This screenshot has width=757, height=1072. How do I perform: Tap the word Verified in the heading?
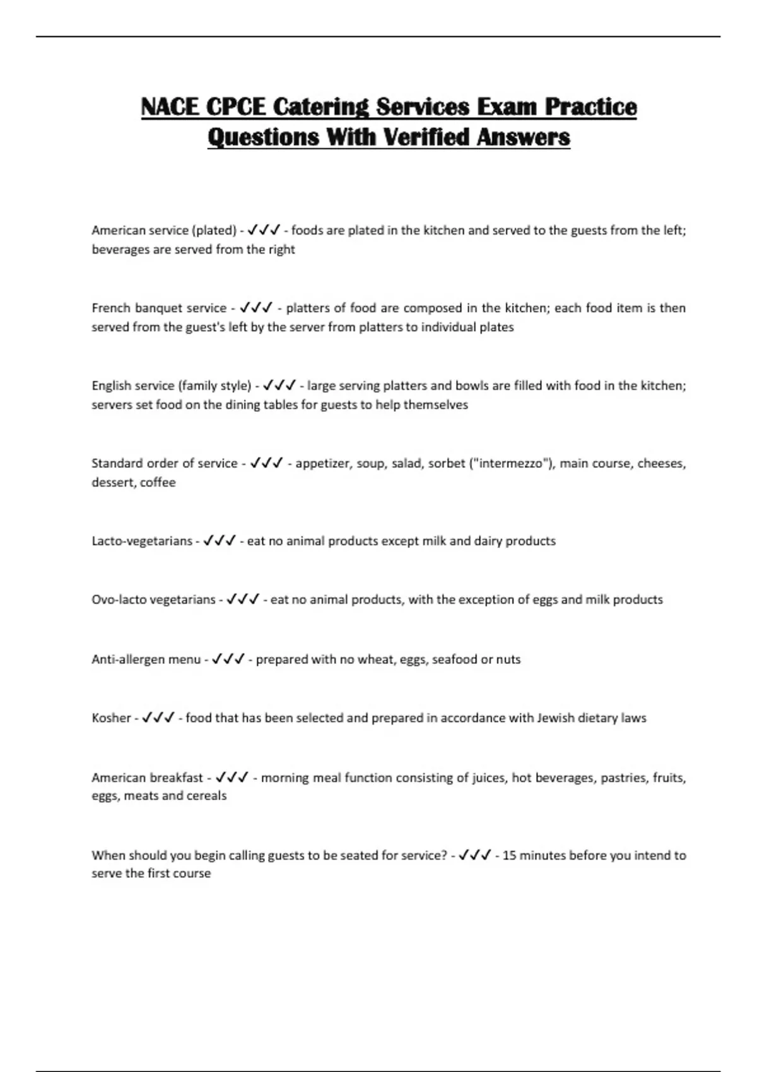[x=427, y=137]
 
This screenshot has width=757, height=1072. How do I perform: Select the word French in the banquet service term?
[x=110, y=308]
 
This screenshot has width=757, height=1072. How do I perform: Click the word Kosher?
[x=111, y=718]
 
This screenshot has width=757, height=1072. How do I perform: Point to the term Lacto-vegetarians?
[x=142, y=541]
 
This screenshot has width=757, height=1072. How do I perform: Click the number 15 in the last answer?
[x=508, y=856]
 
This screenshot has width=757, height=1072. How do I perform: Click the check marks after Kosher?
[x=158, y=718]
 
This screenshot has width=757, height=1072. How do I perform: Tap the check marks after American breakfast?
[x=232, y=778]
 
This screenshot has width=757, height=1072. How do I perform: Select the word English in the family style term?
[x=111, y=386]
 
